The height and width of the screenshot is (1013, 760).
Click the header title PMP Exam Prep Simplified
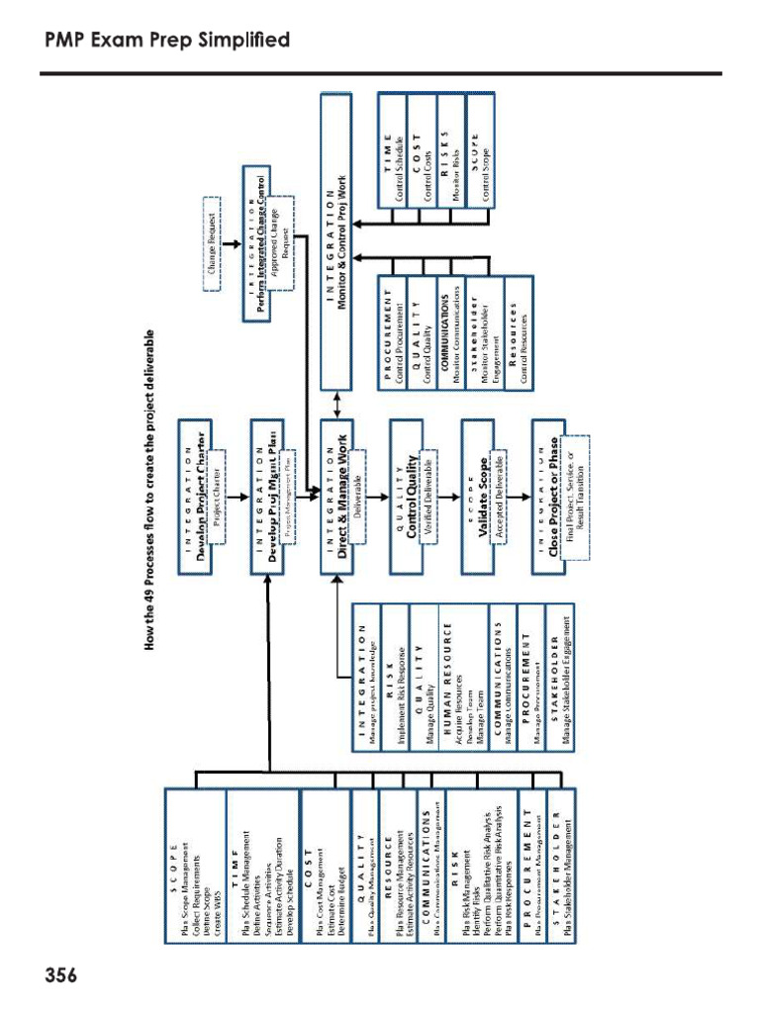click(167, 41)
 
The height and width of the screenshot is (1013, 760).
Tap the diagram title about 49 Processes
click(150, 491)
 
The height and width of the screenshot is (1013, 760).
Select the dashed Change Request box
click(212, 240)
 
